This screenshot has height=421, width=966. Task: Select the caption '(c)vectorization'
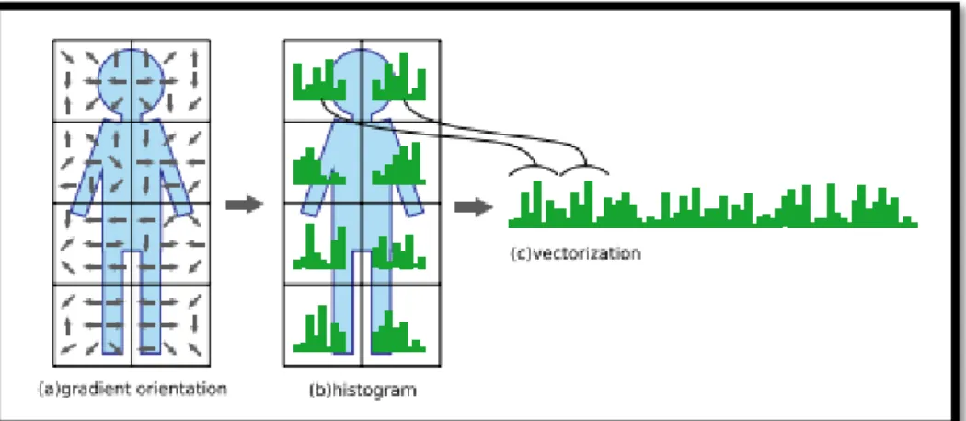tap(575, 253)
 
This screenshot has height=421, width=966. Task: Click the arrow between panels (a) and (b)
tap(245, 205)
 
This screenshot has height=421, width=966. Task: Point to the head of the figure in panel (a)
tap(132, 80)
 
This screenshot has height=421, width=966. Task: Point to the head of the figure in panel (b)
tap(362, 80)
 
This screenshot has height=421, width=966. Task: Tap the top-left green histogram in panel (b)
tap(319, 80)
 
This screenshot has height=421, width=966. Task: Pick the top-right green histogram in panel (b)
tap(399, 76)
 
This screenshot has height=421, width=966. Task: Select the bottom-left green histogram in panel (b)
tap(319, 329)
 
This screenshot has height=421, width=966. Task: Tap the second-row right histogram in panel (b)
tap(398, 164)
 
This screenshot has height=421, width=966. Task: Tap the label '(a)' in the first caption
tap(47, 390)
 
